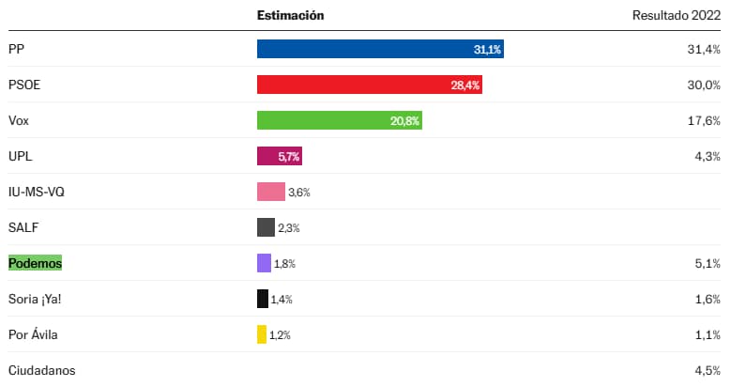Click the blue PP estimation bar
(380, 49)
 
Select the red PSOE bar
(369, 85)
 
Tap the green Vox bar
(339, 120)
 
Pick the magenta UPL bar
(279, 156)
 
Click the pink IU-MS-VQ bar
(270, 192)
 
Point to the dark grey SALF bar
(266, 227)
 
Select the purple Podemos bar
(264, 263)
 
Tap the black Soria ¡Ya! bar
(263, 299)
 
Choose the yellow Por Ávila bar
(262, 334)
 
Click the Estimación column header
(290, 16)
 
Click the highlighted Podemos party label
(35, 264)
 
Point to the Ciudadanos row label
(41, 370)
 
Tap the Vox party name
(19, 120)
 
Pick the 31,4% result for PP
(703, 49)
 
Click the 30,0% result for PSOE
(703, 85)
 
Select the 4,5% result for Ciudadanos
(706, 370)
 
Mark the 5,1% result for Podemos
(706, 264)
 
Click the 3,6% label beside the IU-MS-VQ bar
(299, 193)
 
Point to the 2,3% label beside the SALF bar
(289, 228)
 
